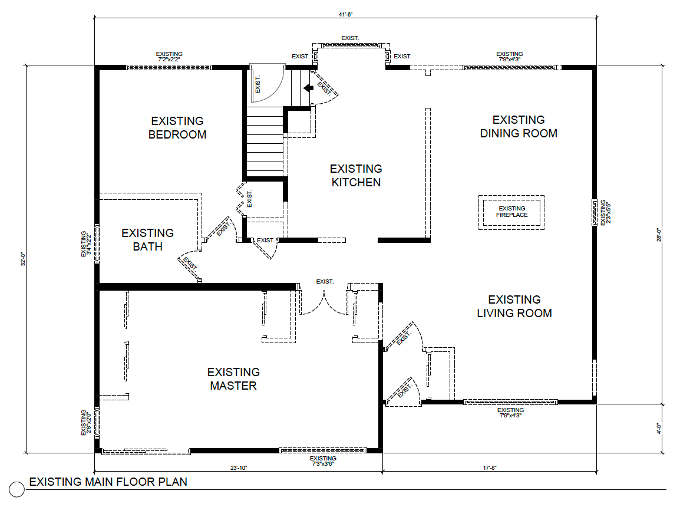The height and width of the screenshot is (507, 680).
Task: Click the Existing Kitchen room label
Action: point(356,176)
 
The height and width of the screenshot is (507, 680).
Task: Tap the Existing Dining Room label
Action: point(519,127)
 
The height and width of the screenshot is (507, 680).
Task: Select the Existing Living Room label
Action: point(514,307)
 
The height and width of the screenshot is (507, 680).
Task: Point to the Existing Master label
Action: point(233,379)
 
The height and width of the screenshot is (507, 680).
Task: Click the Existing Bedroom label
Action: point(177,128)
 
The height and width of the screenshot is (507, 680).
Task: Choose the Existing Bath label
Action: point(147,240)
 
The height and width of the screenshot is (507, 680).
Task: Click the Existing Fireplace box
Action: point(511,212)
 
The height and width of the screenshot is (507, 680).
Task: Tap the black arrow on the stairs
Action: point(307,88)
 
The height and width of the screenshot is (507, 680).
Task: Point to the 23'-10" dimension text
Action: point(238,468)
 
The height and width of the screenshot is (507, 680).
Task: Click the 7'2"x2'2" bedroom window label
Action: point(169,57)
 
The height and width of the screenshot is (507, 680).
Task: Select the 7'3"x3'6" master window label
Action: point(323,461)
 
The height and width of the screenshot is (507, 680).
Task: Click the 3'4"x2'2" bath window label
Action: point(86,243)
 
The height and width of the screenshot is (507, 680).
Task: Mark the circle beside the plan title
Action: point(17,489)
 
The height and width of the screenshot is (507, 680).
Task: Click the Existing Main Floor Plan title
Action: point(108,482)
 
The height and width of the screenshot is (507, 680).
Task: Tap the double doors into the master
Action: point(324,302)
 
